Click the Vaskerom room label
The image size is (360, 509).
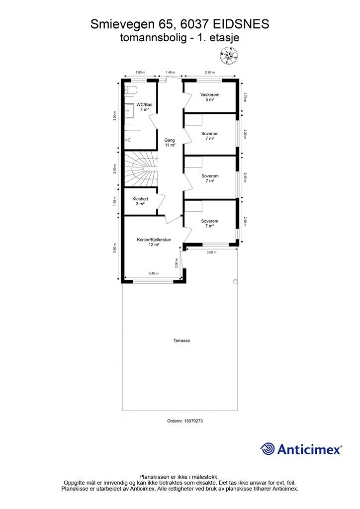pos(210,94)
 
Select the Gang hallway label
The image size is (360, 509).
pos(170,140)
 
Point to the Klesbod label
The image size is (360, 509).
pos(140,198)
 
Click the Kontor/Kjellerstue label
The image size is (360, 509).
pos(154,240)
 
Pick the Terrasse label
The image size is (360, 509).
pos(181,340)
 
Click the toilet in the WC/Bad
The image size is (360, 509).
pos(131,89)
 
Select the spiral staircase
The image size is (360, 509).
pos(141,169)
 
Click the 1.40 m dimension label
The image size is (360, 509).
pos(171,73)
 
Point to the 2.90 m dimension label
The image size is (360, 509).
pos(210,73)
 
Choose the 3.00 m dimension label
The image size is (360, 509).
pos(211,253)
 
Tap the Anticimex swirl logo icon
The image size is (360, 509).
pos(267,449)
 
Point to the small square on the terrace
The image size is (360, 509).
pos(235,281)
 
